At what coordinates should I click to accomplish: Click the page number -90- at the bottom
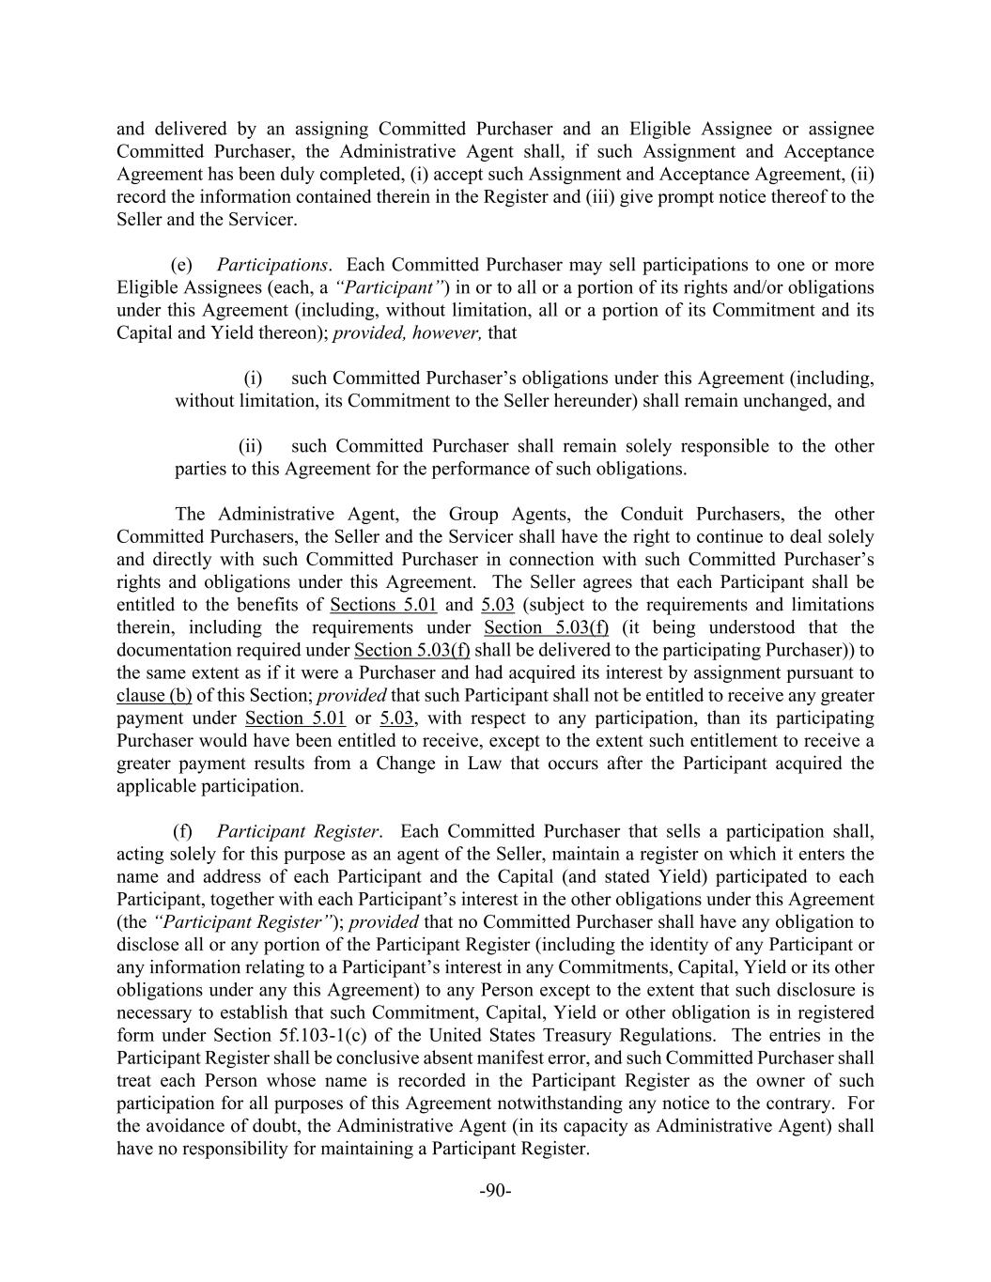click(x=495, y=1191)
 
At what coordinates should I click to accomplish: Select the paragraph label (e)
click(x=182, y=265)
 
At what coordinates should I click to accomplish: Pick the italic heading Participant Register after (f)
click(x=298, y=831)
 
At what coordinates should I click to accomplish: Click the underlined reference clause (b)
click(x=154, y=696)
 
